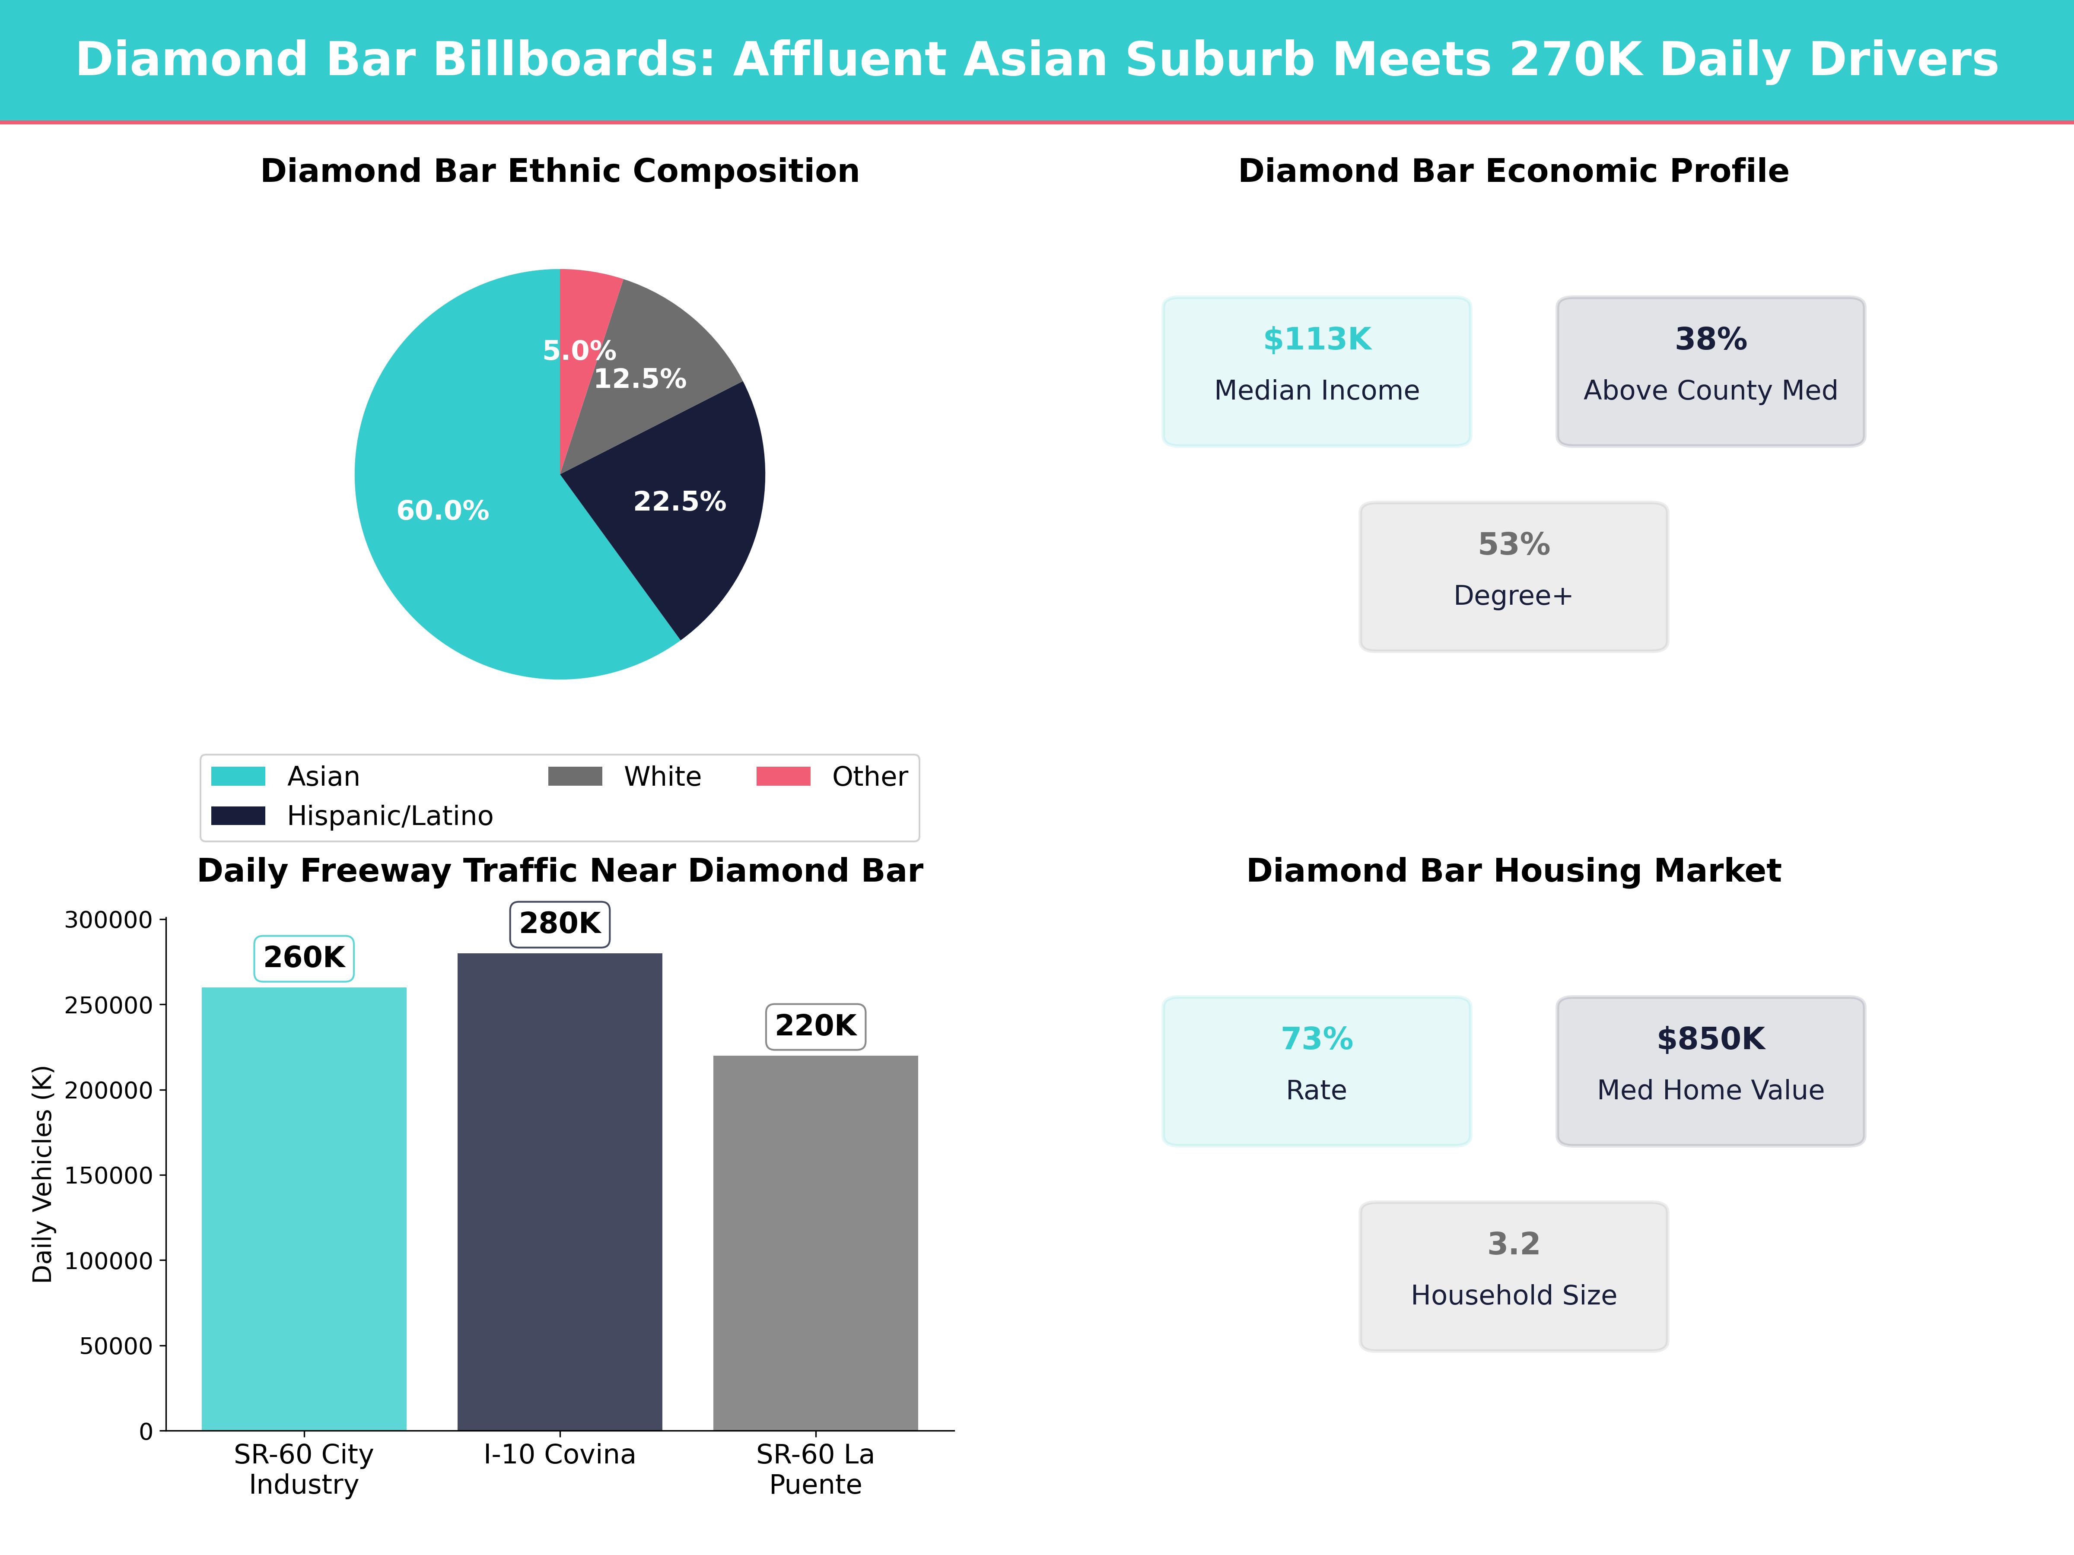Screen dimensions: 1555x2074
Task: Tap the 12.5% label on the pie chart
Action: pos(640,379)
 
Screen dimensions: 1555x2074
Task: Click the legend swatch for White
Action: pos(575,776)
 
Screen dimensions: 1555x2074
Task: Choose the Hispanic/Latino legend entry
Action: pos(389,816)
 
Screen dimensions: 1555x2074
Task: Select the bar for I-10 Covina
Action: pos(560,1190)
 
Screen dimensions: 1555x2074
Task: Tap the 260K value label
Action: pos(304,957)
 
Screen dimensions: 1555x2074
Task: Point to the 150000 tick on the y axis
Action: pos(108,1175)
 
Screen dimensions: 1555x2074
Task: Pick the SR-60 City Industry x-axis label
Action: pos(304,1469)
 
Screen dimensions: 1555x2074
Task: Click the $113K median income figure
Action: pos(1317,340)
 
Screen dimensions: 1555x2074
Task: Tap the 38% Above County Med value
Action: pos(1710,340)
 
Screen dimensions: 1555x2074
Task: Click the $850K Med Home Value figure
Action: pos(1710,1038)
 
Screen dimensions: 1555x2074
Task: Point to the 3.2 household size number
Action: pos(1513,1244)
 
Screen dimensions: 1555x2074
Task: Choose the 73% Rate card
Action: pos(1317,1070)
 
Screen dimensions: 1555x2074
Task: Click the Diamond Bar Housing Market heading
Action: pos(1513,871)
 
